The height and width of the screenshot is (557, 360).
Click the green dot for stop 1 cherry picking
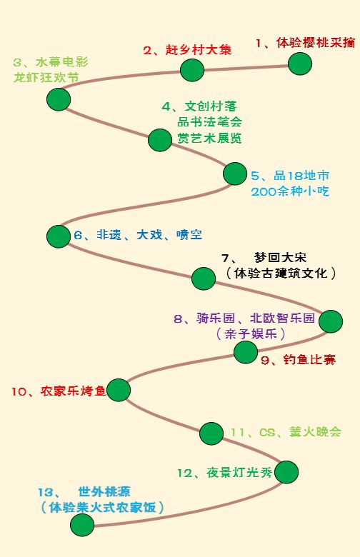tap(300, 64)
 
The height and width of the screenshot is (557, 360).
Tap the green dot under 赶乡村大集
tap(192, 70)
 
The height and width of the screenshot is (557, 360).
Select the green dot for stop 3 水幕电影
tap(59, 99)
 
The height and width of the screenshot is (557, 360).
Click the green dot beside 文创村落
tap(160, 140)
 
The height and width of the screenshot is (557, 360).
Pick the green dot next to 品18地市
tap(235, 174)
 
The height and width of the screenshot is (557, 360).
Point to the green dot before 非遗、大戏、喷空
tap(59, 236)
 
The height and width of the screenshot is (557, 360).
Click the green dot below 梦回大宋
tap(204, 278)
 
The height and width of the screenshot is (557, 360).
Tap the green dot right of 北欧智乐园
tap(331, 321)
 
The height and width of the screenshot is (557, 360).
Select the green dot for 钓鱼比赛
tap(246, 352)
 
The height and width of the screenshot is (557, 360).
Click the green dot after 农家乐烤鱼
tap(119, 390)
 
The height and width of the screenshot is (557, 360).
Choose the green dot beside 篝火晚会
tap(211, 433)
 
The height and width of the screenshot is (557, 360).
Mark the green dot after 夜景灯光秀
tap(286, 472)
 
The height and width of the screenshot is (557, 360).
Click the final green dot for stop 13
tap(82, 525)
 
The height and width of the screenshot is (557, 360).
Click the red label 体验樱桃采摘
tap(316, 43)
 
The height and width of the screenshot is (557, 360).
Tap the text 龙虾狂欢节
tap(46, 77)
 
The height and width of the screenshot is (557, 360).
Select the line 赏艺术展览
tap(210, 138)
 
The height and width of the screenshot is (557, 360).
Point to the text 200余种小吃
tap(290, 191)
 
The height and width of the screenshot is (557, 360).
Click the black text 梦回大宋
tap(281, 257)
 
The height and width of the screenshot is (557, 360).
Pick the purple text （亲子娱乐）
tap(250, 334)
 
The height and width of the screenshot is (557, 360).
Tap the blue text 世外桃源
tap(104, 491)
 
